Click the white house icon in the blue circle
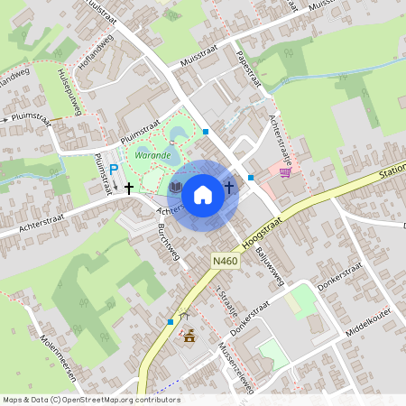click(203, 193)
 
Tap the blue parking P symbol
click(114, 169)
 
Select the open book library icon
click(175, 188)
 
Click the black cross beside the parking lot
click(130, 188)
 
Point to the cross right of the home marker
click(229, 188)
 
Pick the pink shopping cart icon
click(285, 172)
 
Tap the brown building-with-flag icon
click(189, 338)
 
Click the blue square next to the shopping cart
click(251, 177)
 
